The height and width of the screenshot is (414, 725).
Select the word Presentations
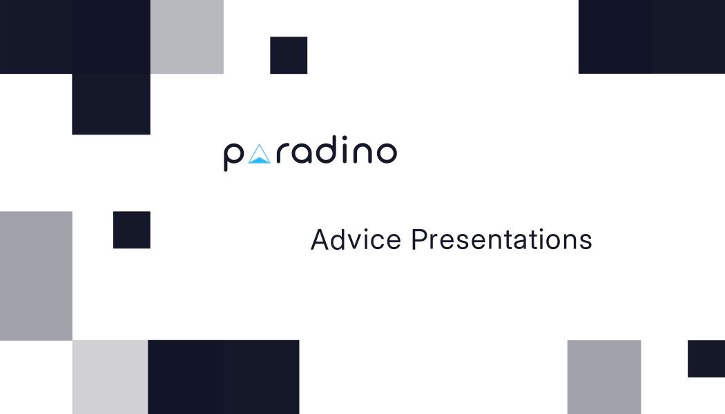coord(501,240)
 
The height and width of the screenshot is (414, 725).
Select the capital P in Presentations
coord(418,240)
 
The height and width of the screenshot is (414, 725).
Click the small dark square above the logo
coord(289,55)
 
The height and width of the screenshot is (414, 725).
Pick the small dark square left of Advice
coord(132,230)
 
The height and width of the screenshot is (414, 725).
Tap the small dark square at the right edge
coord(706,359)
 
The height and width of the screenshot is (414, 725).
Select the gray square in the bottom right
coord(604,377)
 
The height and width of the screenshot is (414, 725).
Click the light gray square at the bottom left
coord(110,377)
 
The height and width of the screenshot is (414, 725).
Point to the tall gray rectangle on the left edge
coord(36,276)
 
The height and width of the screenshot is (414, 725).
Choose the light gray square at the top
coord(186,37)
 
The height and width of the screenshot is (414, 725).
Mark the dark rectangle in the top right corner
coord(652,37)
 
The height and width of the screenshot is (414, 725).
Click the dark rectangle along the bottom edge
coord(223,377)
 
